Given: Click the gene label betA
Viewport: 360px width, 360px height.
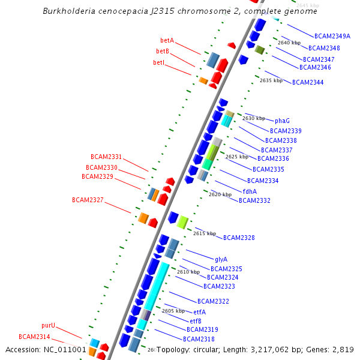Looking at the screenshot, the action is click(167, 40).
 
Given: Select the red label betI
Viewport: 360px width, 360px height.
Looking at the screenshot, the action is click(159, 62).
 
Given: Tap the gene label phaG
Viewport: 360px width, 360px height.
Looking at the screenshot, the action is click(283, 121).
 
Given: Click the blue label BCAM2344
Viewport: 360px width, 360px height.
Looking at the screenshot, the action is click(308, 82).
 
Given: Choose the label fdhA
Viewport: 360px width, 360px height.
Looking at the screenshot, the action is click(250, 191).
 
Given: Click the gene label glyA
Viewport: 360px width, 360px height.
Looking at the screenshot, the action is click(221, 259).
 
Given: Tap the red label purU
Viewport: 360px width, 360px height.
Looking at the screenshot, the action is click(49, 325).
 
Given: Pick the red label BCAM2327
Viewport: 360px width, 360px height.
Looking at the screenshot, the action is click(88, 200).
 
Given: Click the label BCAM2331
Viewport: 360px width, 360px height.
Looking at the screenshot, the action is click(106, 157).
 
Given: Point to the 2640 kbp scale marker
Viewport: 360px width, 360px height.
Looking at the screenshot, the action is click(289, 43).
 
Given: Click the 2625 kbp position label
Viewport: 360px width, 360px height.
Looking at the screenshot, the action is click(237, 157).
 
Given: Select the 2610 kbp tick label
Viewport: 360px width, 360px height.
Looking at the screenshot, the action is click(188, 272).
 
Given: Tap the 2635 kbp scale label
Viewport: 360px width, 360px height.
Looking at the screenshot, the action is click(271, 80).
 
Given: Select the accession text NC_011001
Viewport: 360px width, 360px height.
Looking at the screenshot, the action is click(67, 349).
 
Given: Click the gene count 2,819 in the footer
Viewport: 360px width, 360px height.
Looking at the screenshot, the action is click(342, 349).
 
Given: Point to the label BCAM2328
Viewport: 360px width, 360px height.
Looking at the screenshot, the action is click(239, 238).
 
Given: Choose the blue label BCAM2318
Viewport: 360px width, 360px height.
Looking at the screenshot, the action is click(199, 339).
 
